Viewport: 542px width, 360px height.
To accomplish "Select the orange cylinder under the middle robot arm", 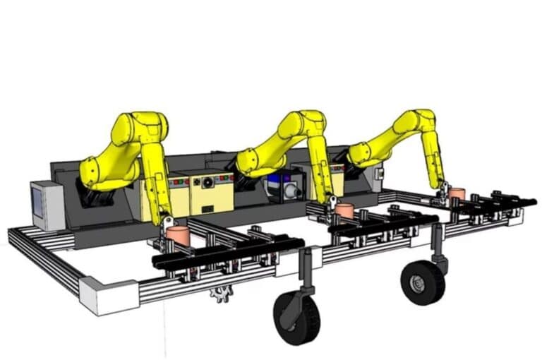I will click(344, 210).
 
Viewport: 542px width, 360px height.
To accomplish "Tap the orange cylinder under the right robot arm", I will click(457, 192).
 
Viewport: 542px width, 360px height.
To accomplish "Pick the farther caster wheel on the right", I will click(422, 282).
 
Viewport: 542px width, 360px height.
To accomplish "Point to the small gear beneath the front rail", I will click(222, 293).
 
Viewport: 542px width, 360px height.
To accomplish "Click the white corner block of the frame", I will click(109, 294).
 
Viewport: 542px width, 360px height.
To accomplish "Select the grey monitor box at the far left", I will click(47, 205).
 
